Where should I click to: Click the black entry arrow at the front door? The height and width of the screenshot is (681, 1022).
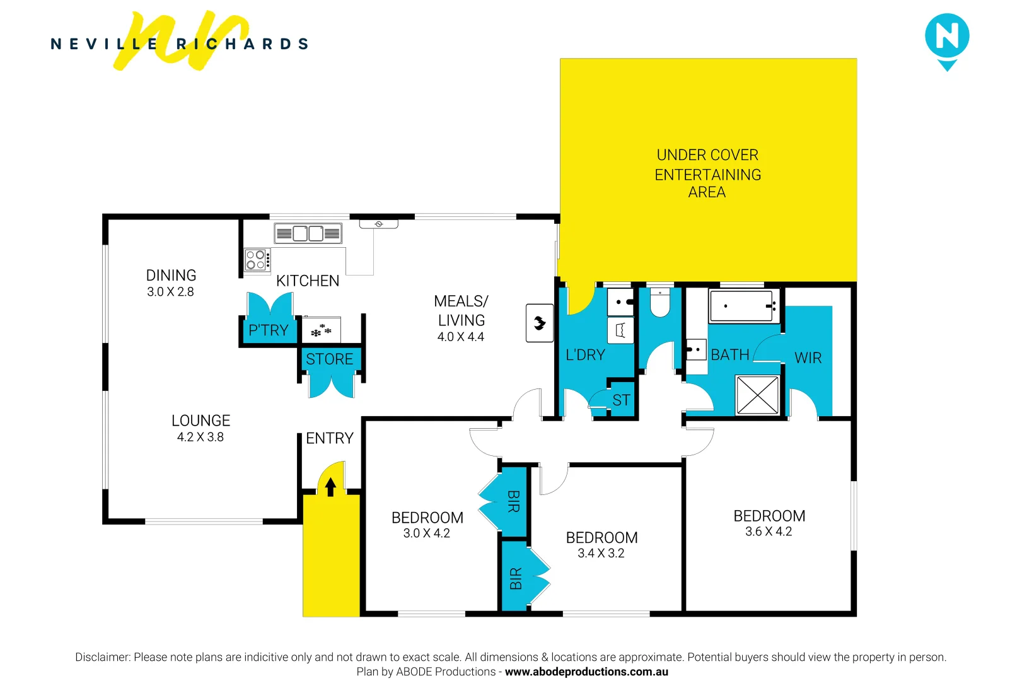tap(330, 487)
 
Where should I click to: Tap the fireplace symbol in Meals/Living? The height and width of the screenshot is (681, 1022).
tap(540, 323)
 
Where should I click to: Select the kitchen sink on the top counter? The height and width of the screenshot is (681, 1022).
tap(308, 234)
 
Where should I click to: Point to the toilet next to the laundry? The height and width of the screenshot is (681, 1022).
tap(659, 304)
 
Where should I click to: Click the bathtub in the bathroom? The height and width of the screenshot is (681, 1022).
tap(743, 306)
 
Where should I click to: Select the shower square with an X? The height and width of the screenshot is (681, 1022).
tap(757, 395)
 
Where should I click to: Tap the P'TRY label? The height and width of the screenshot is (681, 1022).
tap(269, 330)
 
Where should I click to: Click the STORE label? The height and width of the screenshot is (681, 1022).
tap(330, 359)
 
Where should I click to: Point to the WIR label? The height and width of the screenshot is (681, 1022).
tap(808, 358)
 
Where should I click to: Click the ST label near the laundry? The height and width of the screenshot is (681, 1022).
tap(621, 400)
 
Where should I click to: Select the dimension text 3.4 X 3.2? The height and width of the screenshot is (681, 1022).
tap(601, 554)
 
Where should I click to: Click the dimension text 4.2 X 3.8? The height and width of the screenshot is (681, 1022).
tap(200, 437)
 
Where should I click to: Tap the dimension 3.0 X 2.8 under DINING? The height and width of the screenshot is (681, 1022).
tap(171, 292)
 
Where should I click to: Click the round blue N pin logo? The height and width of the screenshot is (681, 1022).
tap(947, 37)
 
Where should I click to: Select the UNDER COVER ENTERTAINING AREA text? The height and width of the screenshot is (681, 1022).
tap(707, 173)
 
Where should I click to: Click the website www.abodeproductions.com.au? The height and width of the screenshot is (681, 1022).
tap(586, 672)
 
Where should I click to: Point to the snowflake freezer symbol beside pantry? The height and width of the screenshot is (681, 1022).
tap(321, 330)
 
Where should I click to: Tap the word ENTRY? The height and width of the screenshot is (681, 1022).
tap(330, 438)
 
